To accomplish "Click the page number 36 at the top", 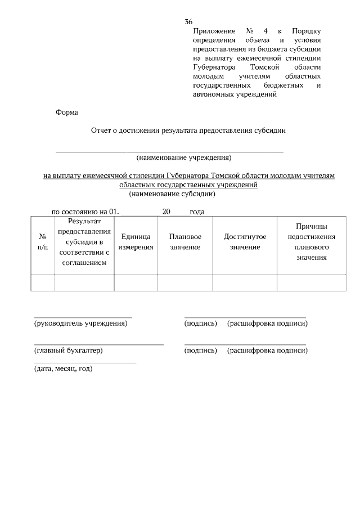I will coord(188,22).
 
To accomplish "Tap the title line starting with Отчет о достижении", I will coord(188,130).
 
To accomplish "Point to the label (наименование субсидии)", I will coord(172,194).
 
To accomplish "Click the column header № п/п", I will coord(43,242).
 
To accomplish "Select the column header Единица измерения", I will coord(136,242).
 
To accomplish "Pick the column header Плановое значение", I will coord(185,242).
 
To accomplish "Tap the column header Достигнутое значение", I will coord(245,242).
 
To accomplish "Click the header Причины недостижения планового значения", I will coord(311,241).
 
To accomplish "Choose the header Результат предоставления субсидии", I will coord(84,242).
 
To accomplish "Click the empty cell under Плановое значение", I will coord(185,282).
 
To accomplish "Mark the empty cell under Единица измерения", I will coord(136,282).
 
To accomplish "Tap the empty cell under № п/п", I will coord(43,282).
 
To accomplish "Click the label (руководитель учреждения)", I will coord(81,323).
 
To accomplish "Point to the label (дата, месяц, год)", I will coord(63,369).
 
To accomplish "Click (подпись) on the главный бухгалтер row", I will coord(200,350).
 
